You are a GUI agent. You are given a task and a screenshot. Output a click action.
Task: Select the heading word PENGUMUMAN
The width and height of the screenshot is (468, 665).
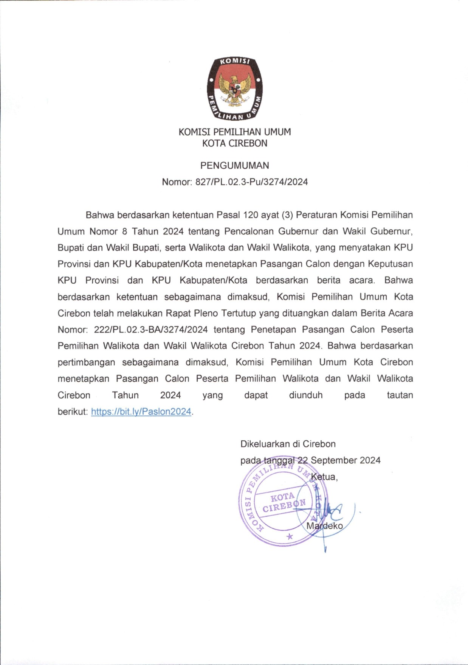pos(234,165)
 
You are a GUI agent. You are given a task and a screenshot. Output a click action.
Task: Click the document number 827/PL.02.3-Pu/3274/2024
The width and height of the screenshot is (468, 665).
pos(251,182)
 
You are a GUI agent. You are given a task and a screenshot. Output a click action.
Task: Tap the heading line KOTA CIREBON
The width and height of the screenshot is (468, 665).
pos(234,143)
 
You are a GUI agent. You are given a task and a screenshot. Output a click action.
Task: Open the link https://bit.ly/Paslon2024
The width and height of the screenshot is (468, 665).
pos(141,412)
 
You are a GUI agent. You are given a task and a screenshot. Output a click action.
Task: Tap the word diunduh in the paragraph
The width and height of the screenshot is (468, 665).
pos(306,395)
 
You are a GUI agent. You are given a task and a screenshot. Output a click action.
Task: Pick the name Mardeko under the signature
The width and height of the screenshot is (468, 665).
pos(325,526)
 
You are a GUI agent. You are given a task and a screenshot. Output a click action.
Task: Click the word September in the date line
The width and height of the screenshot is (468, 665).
pos(333,460)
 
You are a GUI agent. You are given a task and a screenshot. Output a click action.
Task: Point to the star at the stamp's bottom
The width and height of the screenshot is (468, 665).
pos(290,536)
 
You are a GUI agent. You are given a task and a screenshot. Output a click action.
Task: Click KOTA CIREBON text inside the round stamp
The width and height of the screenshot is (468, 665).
pos(284,502)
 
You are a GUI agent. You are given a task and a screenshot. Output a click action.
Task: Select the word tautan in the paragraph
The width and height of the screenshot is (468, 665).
pos(400,395)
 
